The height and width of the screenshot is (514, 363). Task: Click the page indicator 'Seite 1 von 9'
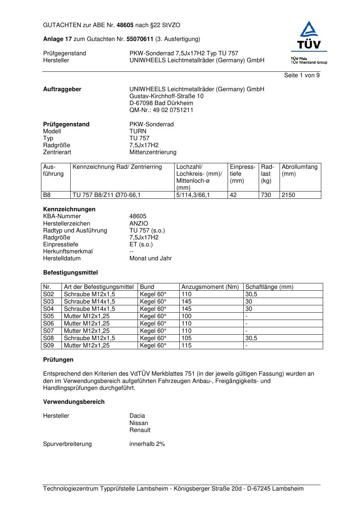[302, 75]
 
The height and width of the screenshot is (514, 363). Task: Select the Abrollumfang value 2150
[288, 195]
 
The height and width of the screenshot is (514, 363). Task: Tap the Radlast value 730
[266, 195]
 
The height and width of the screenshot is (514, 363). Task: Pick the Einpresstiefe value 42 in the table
[233, 195]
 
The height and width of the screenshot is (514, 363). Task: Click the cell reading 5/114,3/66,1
[193, 195]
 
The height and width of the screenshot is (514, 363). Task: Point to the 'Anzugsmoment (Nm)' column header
[210, 287]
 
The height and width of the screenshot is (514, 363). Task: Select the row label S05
[48, 316]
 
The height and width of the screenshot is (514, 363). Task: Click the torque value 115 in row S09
[186, 346]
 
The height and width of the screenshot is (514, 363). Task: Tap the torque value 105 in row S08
[186, 338]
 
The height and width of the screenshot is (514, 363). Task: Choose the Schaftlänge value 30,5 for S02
[251, 294]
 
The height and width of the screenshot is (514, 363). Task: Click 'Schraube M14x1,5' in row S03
[89, 302]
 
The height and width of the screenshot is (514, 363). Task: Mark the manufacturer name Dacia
[137, 416]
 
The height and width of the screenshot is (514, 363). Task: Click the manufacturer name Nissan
[139, 423]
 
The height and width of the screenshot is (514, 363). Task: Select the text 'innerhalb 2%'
[147, 444]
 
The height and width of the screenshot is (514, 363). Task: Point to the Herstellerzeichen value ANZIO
[139, 224]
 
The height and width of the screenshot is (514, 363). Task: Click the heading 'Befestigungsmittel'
[70, 273]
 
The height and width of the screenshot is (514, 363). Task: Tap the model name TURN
[138, 131]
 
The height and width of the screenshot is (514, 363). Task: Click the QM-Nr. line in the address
[161, 110]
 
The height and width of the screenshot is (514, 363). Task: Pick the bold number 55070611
[140, 39]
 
